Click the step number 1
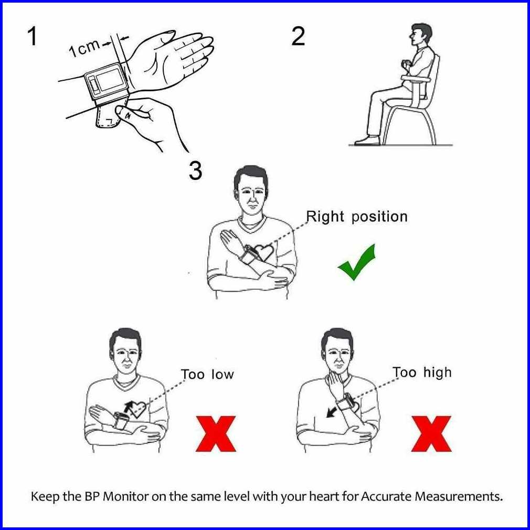(x=33, y=37)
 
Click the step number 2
(x=298, y=37)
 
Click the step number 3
(x=195, y=171)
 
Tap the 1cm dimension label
(x=84, y=48)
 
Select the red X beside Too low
(x=216, y=434)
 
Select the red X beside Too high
(x=431, y=434)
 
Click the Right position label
(x=357, y=217)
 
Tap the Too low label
(x=207, y=374)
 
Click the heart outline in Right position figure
(x=263, y=252)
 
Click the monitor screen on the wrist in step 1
(x=109, y=80)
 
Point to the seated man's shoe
(x=367, y=140)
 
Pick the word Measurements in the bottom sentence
(x=458, y=496)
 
